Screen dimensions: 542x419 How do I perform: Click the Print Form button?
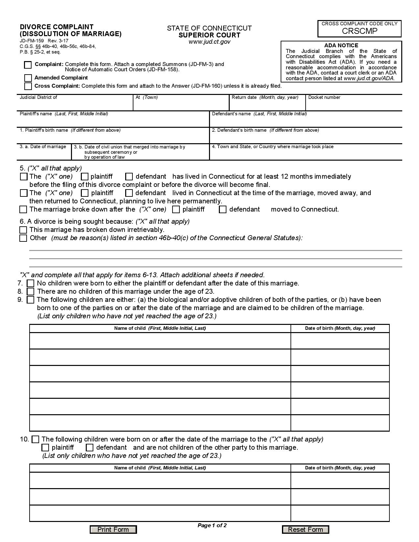[x=113, y=529]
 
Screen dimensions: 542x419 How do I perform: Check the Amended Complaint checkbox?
[x=28, y=78]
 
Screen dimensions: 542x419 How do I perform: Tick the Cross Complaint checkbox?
[x=28, y=86]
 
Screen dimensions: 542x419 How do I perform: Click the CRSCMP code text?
[x=360, y=31]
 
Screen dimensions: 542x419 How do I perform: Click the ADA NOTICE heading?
[x=341, y=45]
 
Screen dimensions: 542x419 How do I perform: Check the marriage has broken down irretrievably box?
[x=23, y=230]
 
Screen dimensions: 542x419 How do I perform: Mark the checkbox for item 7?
[x=31, y=283]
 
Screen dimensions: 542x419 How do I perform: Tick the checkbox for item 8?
[x=31, y=291]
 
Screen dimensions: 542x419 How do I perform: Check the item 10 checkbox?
[x=35, y=439]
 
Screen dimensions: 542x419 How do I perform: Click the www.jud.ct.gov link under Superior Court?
[x=209, y=42]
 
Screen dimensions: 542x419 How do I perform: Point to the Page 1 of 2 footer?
[x=212, y=525]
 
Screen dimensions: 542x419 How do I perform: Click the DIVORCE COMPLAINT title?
[x=57, y=27]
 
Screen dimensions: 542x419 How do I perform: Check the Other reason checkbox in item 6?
[x=23, y=238]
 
